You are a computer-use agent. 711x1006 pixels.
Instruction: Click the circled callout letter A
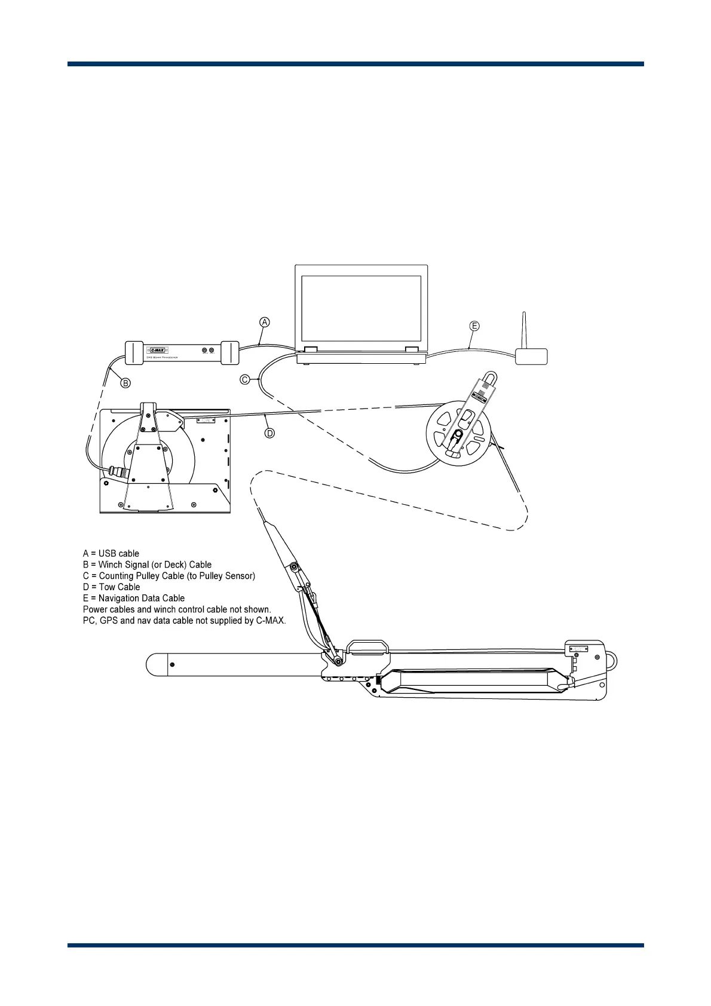[x=265, y=323]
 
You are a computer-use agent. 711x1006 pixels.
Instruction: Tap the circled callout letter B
[x=125, y=383]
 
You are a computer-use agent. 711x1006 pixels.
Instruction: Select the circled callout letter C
[x=245, y=379]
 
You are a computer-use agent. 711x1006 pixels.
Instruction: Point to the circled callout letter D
[x=270, y=433]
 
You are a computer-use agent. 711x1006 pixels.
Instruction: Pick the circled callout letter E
[x=474, y=326]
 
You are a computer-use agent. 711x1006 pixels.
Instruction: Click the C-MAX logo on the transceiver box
[x=158, y=350]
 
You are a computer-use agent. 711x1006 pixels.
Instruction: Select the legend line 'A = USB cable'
[x=111, y=554]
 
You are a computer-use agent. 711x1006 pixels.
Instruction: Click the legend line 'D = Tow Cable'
[x=112, y=587]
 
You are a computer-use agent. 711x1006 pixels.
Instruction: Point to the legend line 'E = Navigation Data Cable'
[x=134, y=599]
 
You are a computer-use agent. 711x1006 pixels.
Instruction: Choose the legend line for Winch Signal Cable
[x=147, y=565]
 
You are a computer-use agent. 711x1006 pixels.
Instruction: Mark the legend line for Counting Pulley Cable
[x=169, y=576]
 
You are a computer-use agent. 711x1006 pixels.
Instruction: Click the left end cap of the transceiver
[x=134, y=352]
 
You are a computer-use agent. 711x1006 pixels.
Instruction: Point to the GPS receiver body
[x=531, y=357]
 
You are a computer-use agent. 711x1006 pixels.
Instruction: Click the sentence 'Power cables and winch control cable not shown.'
[x=177, y=610]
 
